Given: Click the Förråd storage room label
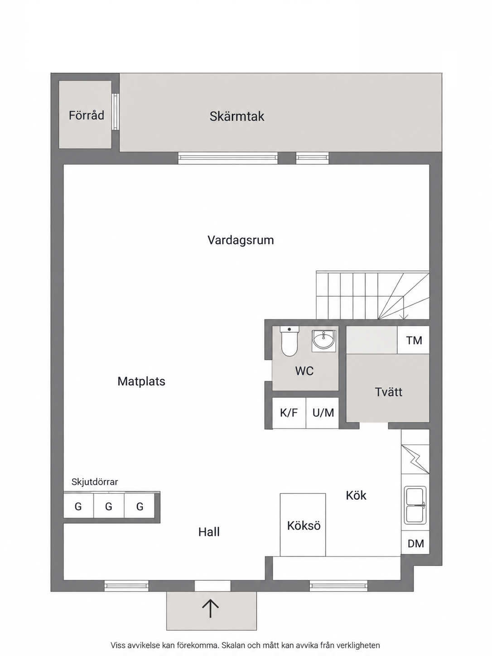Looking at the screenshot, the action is pos(87,116).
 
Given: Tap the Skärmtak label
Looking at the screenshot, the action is pos(237,116).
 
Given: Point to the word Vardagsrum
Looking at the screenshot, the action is pos(241,240).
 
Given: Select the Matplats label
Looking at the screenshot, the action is pos(141,381).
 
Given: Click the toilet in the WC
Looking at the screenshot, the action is pos(289,341).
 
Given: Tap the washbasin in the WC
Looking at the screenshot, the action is pos(324,341).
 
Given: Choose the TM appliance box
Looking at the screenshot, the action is pos(414,340).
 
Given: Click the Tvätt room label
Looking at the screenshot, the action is pos(388,392).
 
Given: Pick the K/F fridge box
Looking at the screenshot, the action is pos(289,413).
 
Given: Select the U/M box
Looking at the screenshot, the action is pos(323,413).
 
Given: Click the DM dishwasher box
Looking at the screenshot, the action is pos(415,543).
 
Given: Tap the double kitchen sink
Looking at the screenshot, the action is pos(415,506).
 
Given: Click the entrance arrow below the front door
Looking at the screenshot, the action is pos(211,608).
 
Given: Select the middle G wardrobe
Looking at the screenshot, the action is pos(109,506).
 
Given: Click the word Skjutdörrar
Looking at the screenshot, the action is pos(95,482).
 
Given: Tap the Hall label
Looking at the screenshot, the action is pos(209,532).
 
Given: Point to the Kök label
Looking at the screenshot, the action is pos(356,495).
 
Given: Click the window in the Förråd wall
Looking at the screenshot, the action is pos(116,112).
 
